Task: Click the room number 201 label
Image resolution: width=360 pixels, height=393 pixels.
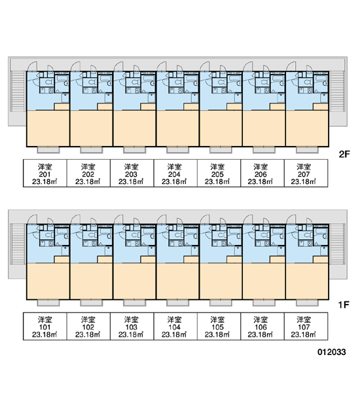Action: [x=45, y=174]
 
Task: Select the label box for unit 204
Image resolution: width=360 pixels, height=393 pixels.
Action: [x=175, y=173]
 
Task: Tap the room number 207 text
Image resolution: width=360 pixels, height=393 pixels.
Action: [x=304, y=174]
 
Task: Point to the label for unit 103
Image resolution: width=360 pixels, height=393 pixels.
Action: [x=132, y=326]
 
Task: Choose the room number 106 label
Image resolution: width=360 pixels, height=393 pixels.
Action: [x=261, y=327]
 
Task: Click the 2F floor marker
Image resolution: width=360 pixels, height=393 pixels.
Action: [x=344, y=154]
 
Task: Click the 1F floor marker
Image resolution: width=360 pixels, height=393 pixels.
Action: [x=344, y=305]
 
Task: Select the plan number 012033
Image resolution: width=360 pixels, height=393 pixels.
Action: [x=332, y=352]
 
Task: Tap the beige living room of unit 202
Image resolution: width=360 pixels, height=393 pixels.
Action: [x=92, y=128]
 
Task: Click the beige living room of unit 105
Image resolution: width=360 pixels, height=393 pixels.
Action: [x=221, y=281]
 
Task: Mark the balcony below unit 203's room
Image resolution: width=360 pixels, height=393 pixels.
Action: [x=135, y=150]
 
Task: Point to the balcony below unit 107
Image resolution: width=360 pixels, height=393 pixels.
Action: [x=307, y=303]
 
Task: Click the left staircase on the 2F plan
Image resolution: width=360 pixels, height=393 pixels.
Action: [x=18, y=92]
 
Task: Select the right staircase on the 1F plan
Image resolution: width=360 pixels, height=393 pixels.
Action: [x=337, y=244]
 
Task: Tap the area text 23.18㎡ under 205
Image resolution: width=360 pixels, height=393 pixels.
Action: [x=217, y=181]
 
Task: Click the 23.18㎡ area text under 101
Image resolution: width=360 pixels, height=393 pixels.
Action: [x=45, y=335]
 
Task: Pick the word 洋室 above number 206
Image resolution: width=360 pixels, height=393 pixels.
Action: [x=261, y=166]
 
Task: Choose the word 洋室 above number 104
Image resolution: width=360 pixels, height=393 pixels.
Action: [x=174, y=320]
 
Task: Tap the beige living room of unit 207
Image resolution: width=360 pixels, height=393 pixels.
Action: [x=307, y=128]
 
